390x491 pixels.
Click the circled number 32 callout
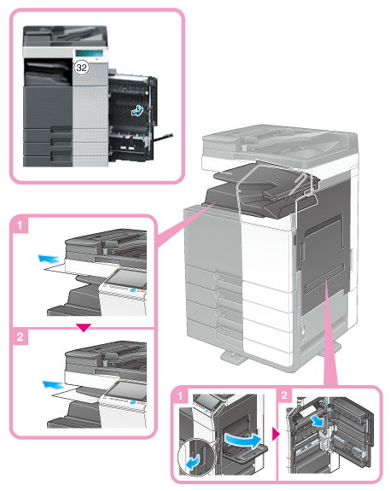(81, 67)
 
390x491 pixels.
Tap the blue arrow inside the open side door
(137, 110)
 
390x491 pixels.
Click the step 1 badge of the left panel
(20, 225)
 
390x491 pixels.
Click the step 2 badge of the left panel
(20, 336)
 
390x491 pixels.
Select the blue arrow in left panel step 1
(48, 259)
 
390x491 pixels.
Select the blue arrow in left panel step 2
(53, 384)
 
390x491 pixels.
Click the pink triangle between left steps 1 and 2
(84, 328)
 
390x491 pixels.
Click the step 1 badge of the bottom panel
(180, 396)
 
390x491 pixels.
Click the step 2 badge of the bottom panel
(284, 395)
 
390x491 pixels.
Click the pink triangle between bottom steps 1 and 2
(276, 435)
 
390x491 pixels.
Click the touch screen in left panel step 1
(127, 278)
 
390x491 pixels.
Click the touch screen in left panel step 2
(127, 390)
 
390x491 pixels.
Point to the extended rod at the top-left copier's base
(163, 137)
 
